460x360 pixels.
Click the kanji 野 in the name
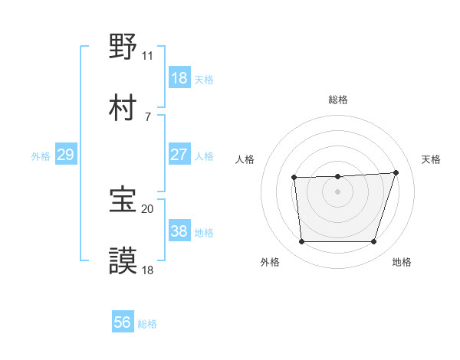click(123, 47)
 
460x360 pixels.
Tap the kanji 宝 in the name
click(123, 200)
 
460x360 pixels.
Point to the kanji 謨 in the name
click(123, 260)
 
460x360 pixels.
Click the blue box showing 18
click(179, 78)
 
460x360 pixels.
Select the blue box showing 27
click(179, 155)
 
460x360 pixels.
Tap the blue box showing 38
click(179, 231)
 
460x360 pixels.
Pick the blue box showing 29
click(66, 155)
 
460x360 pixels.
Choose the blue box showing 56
click(123, 323)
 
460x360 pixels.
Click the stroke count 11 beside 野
click(148, 56)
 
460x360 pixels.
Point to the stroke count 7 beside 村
click(148, 116)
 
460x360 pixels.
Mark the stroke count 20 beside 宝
click(148, 208)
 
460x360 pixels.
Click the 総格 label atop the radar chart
click(338, 100)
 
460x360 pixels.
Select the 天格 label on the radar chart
click(432, 159)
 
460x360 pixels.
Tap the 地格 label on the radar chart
click(402, 263)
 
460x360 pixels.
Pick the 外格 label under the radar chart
click(270, 263)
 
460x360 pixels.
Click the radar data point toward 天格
click(396, 172)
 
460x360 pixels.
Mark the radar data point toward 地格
click(373, 242)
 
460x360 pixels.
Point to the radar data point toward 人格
click(294, 178)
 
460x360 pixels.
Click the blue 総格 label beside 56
click(147, 324)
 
